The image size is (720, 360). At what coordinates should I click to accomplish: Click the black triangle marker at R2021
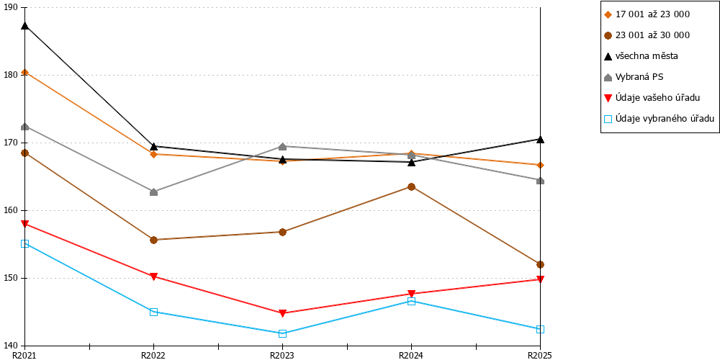[x=24, y=25]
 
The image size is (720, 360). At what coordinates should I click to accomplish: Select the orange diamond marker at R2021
[x=24, y=72]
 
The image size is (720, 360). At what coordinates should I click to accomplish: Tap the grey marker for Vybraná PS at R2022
[x=154, y=192]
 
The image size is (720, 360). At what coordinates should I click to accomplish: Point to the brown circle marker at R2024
[x=411, y=187]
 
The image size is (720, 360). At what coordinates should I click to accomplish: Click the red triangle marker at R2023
[x=282, y=313]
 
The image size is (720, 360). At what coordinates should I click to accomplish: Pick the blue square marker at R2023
[x=282, y=333]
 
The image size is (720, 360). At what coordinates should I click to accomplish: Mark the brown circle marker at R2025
[x=541, y=264]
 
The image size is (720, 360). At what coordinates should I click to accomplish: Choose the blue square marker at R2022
[x=154, y=312]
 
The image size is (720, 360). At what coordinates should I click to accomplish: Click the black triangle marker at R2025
[x=541, y=139]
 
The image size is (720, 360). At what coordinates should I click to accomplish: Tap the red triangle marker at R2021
[x=24, y=224]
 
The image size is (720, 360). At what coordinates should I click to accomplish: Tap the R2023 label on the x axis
[x=282, y=355]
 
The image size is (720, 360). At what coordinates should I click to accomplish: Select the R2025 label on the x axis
[x=540, y=355]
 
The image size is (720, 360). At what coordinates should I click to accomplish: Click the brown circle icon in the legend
[x=608, y=35]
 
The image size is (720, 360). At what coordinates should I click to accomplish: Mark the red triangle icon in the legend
[x=608, y=98]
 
